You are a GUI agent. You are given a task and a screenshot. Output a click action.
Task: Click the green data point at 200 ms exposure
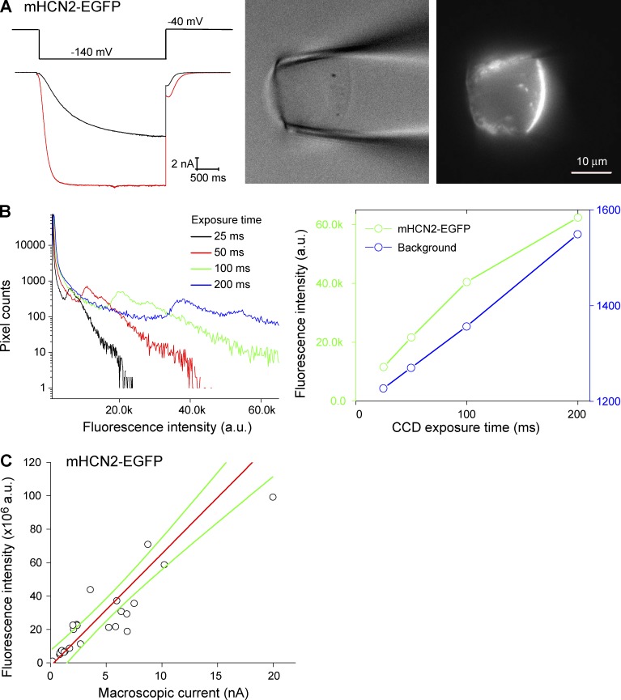(x=577, y=218)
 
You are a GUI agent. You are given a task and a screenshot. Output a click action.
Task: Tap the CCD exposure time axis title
(x=467, y=428)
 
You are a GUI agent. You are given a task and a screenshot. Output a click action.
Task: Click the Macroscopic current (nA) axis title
(x=172, y=692)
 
